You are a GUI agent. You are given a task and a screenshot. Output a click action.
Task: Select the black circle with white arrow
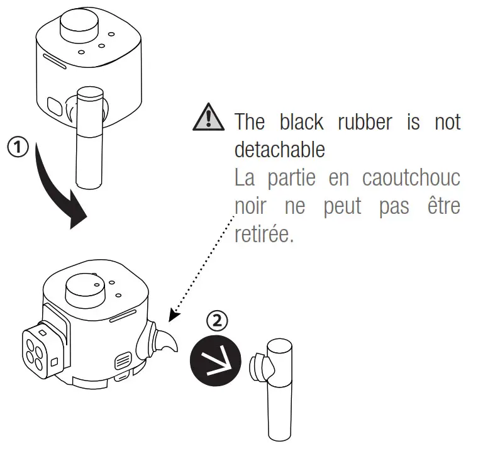(x=215, y=360)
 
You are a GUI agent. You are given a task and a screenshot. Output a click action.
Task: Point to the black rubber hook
(x=165, y=342)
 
